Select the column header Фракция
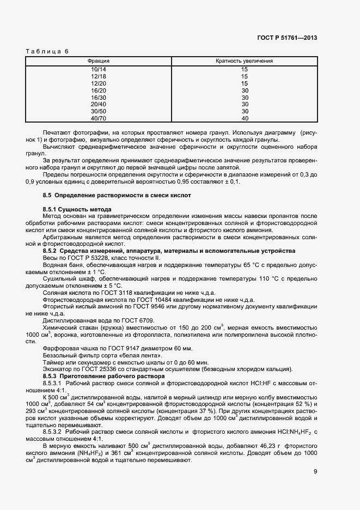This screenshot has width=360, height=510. point(99,61)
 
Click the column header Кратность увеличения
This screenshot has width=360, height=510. point(244,61)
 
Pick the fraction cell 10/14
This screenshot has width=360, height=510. point(99,70)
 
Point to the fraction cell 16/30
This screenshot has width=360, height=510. point(99,97)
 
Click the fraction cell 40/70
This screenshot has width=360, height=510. point(99,118)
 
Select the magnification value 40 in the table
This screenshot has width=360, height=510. point(244,118)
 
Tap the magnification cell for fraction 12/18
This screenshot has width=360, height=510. point(244,77)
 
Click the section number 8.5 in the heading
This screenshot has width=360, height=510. point(47,195)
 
